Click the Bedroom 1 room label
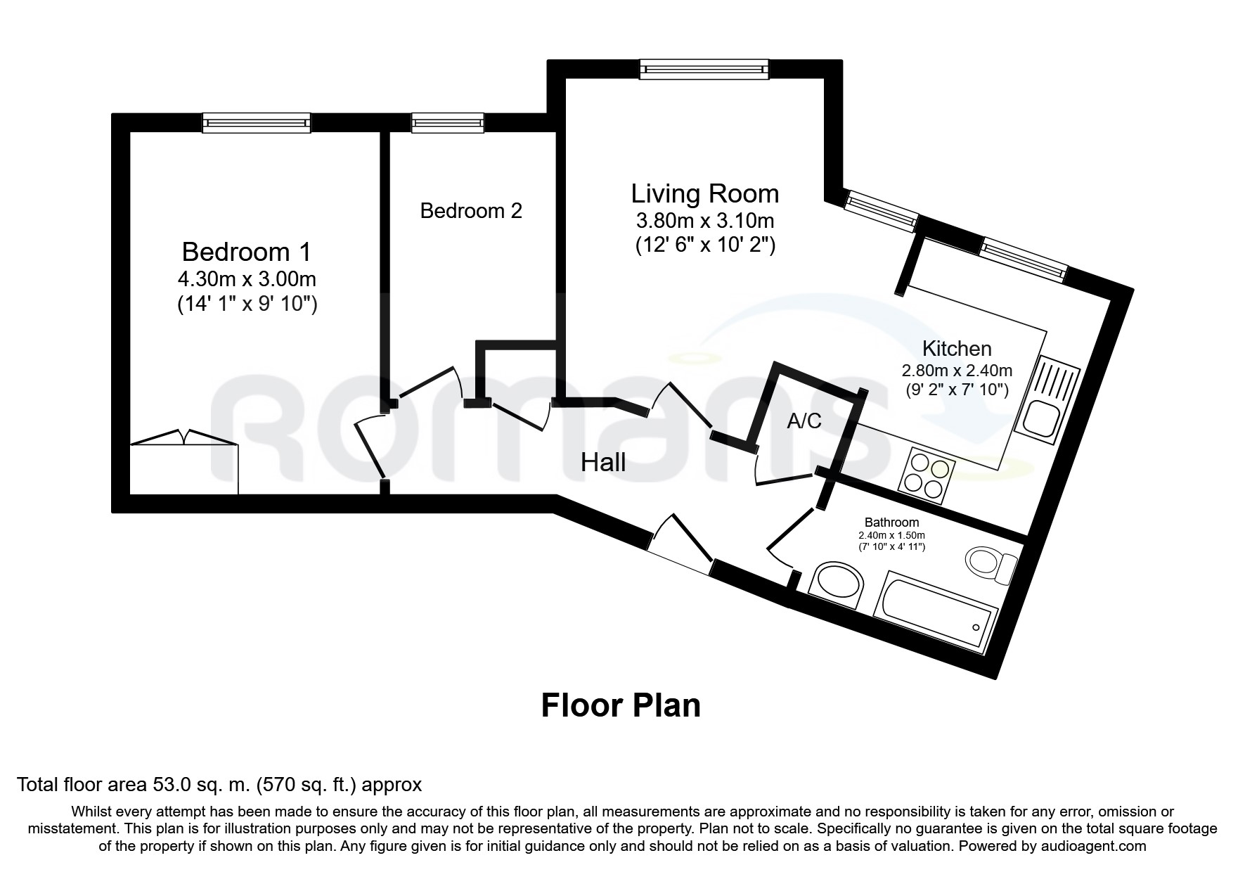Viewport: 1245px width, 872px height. (x=246, y=252)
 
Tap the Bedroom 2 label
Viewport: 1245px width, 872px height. (x=471, y=211)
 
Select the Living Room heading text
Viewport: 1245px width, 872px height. (x=705, y=193)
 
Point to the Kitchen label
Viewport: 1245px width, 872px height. (x=957, y=349)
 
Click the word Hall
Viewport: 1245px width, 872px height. (x=603, y=462)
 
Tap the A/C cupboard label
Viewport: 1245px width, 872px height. (x=804, y=421)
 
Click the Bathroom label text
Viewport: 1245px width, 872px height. (x=891, y=522)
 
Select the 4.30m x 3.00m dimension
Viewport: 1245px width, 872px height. (x=247, y=279)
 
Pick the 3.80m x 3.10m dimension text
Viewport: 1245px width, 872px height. (x=705, y=221)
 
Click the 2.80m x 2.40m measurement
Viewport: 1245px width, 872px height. (x=957, y=371)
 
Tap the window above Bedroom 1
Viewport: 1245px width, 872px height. (x=257, y=123)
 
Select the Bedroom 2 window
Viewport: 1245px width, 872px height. (x=448, y=123)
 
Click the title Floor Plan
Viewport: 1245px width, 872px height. (x=621, y=705)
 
